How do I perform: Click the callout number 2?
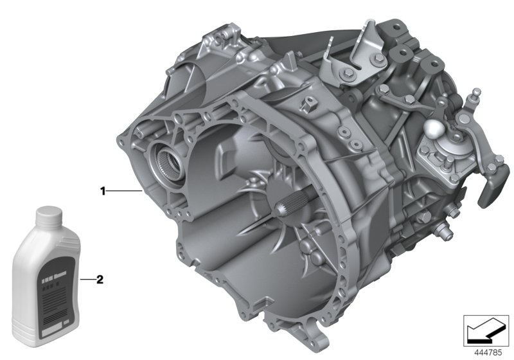click(100, 280)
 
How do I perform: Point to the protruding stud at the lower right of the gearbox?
click(443, 230)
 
